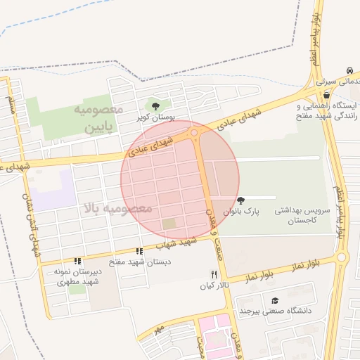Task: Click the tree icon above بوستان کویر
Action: coord(156,107)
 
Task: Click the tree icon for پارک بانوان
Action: coord(241,200)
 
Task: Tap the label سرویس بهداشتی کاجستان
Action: coord(288,215)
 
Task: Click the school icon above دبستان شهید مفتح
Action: coord(139,251)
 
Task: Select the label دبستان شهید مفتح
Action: coord(139,262)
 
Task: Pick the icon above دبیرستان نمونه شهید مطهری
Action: coord(77,261)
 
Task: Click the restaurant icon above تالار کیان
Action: coord(214,274)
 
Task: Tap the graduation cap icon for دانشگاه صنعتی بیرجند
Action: coord(274,300)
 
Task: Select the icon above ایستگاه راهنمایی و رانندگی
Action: coord(326,95)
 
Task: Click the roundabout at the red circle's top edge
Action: coord(194,132)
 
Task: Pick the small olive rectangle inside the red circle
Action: coord(169,224)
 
